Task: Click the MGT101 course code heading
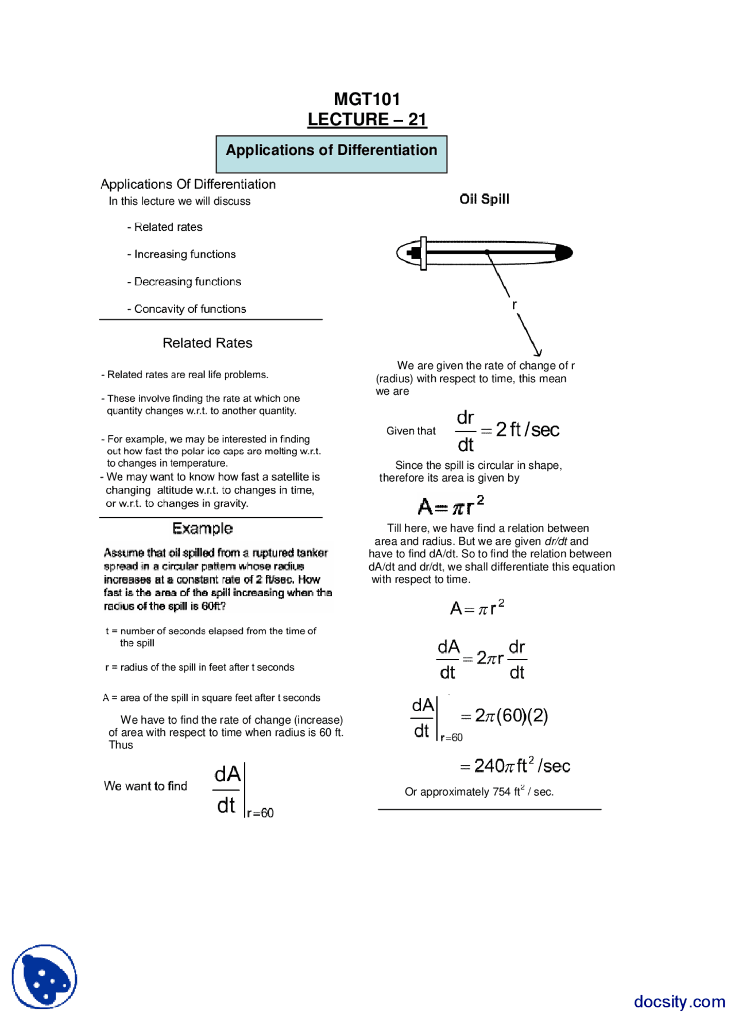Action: pos(366,99)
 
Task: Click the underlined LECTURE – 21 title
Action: pos(366,119)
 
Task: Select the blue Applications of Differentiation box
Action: pos(331,154)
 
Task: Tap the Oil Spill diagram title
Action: pos(484,199)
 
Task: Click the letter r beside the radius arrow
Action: pos(514,305)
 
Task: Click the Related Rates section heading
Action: pos(207,343)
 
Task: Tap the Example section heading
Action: pos(203,528)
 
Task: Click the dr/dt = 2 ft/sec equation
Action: pos(508,430)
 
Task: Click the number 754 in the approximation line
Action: pos(501,792)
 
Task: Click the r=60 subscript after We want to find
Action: pos(261,813)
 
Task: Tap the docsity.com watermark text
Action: pos(679,1002)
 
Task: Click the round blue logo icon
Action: pos(44,977)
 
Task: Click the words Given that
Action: pos(411,431)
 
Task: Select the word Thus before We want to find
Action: pos(121,745)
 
